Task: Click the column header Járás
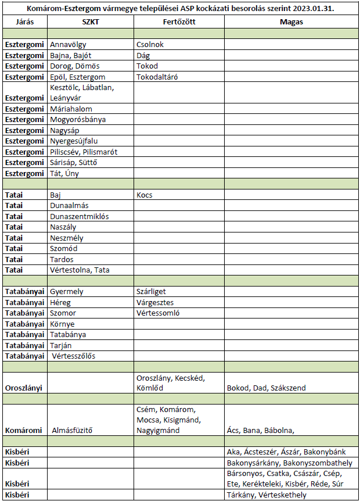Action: (24, 22)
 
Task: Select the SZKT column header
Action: (91, 22)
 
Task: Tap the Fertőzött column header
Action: (179, 22)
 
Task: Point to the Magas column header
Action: (290, 22)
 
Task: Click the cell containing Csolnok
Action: (150, 44)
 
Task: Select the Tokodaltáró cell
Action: (157, 77)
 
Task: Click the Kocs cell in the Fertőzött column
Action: (145, 195)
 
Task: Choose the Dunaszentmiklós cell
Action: (80, 216)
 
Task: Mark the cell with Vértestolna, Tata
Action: (80, 270)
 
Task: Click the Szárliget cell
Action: (152, 292)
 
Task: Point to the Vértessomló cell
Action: (158, 313)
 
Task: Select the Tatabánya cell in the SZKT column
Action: (69, 335)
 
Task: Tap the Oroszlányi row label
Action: (24, 388)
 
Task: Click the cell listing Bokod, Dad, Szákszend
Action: (265, 388)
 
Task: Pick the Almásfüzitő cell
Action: (73, 431)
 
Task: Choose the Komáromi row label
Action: (23, 431)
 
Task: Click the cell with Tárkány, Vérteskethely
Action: (266, 495)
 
